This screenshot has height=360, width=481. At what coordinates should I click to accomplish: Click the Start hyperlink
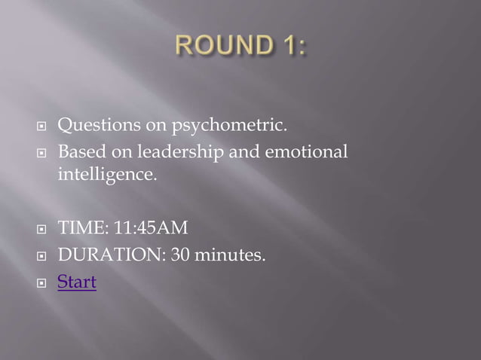pyautogui.click(x=77, y=283)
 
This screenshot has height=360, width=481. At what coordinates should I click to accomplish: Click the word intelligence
pyautogui.click(x=108, y=177)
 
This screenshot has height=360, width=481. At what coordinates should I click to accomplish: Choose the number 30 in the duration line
pyautogui.click(x=181, y=256)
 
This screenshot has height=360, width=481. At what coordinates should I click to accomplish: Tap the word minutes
pyautogui.click(x=230, y=256)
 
